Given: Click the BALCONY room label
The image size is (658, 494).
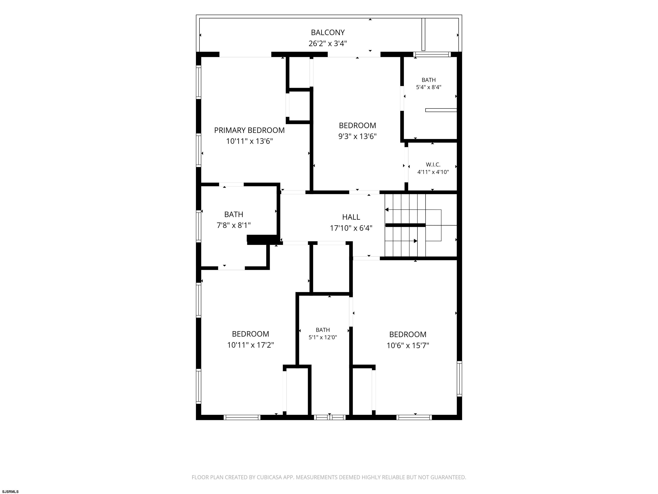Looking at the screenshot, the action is (328, 32).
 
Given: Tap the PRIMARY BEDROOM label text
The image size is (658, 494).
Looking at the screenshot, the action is (249, 130).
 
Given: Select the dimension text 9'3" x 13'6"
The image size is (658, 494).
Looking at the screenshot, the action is (357, 136).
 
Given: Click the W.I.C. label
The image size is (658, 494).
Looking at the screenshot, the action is (433, 164).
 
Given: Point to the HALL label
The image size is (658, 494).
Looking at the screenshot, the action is (351, 217).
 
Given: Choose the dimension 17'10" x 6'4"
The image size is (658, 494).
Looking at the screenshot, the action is (351, 228).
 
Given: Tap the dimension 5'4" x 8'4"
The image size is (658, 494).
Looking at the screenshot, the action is (428, 87).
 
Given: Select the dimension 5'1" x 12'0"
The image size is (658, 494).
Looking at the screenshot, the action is (323, 337).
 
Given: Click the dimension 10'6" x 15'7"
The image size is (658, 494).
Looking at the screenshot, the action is (408, 345).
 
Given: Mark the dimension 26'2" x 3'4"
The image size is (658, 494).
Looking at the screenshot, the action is (328, 44).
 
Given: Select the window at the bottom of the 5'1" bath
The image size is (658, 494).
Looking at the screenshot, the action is (330, 417).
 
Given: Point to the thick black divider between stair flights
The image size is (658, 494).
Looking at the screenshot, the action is (405, 225).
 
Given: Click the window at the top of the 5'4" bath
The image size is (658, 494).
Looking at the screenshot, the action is (432, 54).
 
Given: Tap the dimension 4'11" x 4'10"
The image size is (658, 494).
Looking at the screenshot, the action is (433, 172).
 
